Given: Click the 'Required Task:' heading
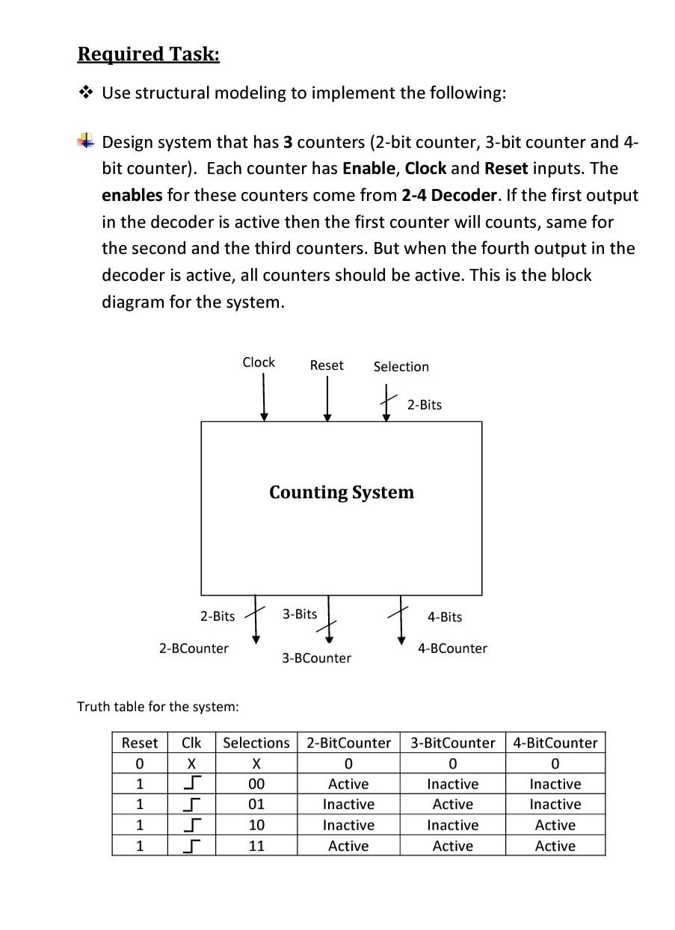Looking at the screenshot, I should [149, 55].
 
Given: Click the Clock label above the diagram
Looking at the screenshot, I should [259, 362].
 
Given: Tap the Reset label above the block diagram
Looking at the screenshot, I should [327, 365].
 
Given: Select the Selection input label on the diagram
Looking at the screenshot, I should [401, 367].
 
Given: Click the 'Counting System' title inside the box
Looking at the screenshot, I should [342, 492].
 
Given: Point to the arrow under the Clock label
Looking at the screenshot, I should [263, 397].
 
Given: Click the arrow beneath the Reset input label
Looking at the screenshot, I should [327, 399].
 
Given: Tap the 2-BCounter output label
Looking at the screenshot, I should [194, 648].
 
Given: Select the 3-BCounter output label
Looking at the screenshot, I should [316, 658].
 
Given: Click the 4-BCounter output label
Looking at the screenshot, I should [452, 648].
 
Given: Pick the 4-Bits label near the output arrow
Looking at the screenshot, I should [445, 617].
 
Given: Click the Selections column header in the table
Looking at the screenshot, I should [256, 743].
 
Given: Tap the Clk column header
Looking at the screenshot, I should [191, 743].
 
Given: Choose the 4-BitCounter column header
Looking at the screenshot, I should [555, 743].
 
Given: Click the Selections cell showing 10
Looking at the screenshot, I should [256, 825].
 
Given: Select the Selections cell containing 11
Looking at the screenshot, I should [256, 846].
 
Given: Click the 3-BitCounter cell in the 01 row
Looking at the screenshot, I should [453, 805].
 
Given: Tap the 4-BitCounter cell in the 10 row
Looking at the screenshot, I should [555, 825].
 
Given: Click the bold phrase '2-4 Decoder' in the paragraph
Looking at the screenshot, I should [449, 196].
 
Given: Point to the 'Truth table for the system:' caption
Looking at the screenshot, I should [158, 706].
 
